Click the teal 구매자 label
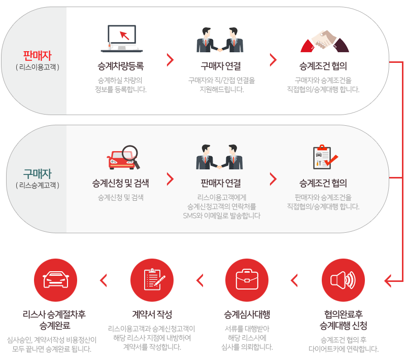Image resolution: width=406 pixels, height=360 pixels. [37, 174]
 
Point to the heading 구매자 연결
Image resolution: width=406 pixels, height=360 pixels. [217, 66]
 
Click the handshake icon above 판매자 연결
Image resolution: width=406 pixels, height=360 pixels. [217, 157]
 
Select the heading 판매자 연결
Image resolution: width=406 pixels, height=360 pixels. [217, 183]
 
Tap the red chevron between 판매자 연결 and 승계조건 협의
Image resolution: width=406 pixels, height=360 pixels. [274, 178]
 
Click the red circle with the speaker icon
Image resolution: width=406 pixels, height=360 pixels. [344, 280]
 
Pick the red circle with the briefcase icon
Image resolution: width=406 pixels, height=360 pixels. [247, 280]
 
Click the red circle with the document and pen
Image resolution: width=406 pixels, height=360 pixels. [152, 280]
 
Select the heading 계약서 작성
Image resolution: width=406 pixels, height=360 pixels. [152, 314]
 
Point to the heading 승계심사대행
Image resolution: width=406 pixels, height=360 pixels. [247, 314]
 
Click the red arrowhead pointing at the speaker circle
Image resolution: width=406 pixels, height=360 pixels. [389, 280]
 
